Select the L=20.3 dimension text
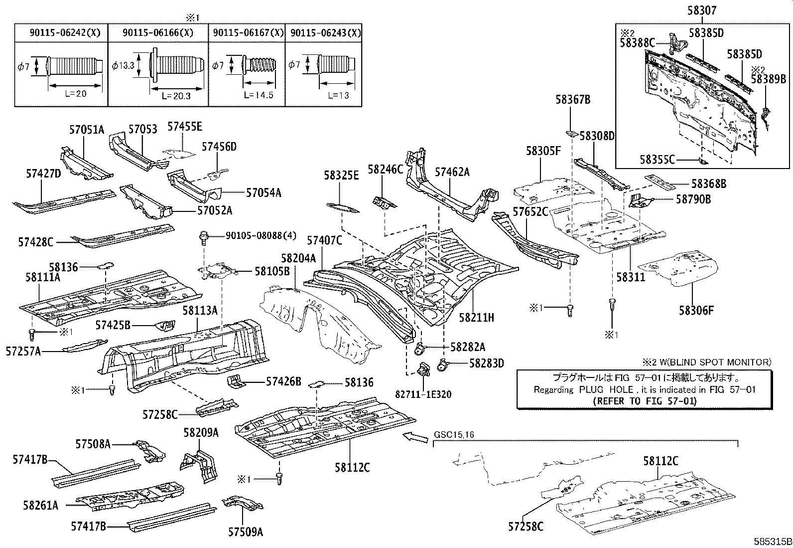176,96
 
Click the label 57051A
87,130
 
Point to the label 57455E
185,127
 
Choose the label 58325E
341,175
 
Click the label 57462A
452,172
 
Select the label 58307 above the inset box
702,9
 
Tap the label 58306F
696,311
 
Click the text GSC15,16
454,435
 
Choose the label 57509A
246,532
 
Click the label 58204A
298,258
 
